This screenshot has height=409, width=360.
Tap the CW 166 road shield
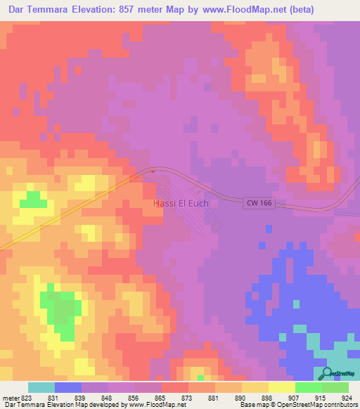(x=259, y=203)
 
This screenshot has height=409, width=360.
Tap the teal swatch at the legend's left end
(x=41, y=387)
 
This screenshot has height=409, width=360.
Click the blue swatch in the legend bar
(x=68, y=387)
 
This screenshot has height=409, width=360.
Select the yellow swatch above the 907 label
(x=282, y=387)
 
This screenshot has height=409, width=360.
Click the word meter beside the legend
(x=11, y=398)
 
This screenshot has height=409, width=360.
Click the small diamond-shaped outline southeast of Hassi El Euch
(x=217, y=226)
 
